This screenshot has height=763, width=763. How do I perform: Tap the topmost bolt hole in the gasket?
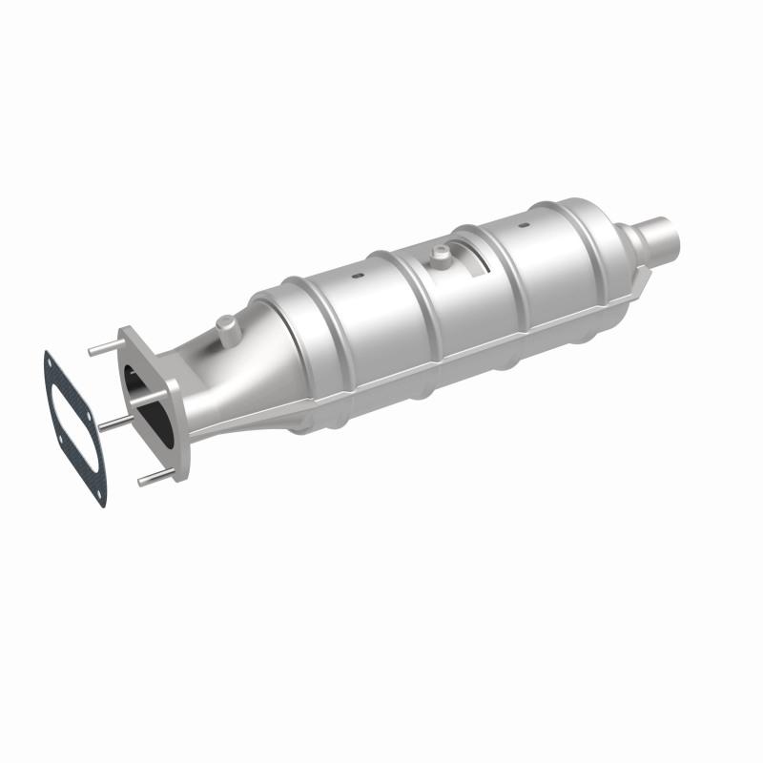52,361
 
